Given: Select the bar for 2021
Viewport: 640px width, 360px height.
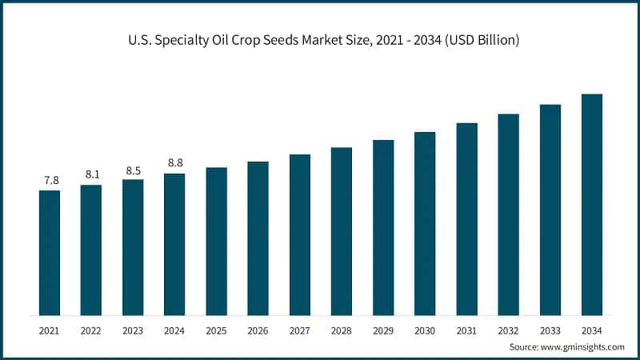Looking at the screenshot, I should click(50, 252).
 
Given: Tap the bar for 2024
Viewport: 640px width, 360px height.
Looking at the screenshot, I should click(174, 244).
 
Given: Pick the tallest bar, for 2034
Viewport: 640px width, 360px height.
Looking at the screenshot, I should click(591, 204).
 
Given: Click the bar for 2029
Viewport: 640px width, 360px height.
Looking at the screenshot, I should click(383, 227).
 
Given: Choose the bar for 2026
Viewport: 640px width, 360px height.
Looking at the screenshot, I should click(258, 238).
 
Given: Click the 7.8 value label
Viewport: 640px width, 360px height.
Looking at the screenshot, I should click(50, 180).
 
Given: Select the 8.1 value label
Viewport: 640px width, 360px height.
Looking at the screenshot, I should click(91, 174).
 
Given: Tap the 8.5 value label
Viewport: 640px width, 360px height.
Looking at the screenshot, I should click(133, 169).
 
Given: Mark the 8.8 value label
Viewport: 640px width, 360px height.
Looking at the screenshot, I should click(174, 163).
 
